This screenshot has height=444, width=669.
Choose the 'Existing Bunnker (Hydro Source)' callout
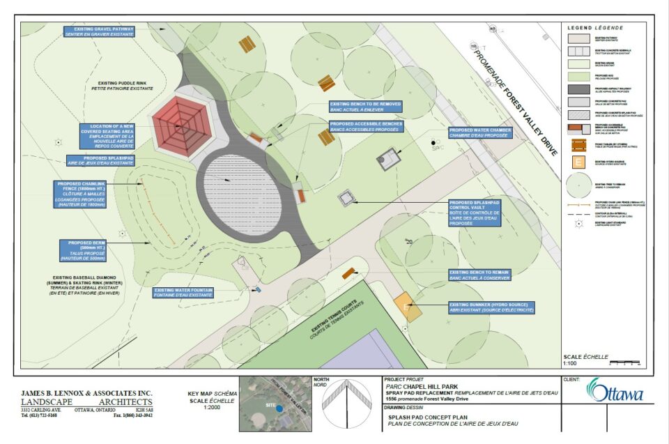tap(492, 307)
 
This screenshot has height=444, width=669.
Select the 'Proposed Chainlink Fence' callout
tap(82, 195)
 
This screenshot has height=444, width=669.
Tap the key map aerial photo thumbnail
tap(275, 403)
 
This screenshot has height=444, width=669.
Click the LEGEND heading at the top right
tap(595, 27)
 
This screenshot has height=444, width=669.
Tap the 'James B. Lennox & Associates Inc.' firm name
tap(86, 392)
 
